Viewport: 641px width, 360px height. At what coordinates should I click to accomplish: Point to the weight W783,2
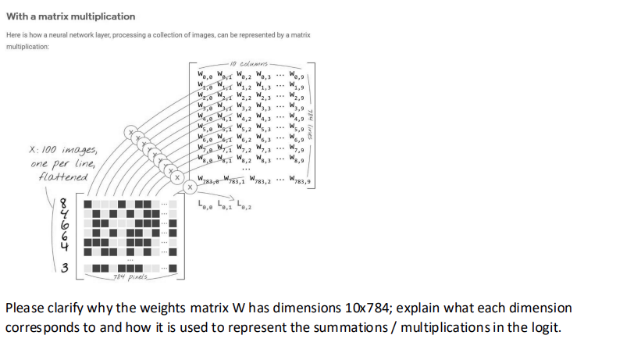pyautogui.click(x=258, y=181)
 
